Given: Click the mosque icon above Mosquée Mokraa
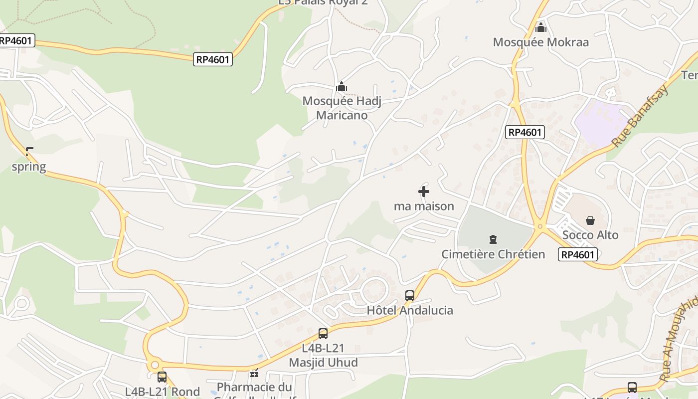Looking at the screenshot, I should click(541, 27).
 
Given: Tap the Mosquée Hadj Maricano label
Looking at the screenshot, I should click(342, 108).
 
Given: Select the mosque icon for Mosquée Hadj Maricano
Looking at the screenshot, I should click(342, 87).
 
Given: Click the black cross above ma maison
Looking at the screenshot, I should click(424, 191).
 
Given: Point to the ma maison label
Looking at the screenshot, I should click(424, 206).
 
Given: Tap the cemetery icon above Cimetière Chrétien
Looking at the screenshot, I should click(493, 239).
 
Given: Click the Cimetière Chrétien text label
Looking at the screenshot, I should click(493, 254).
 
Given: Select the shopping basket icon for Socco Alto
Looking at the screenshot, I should click(590, 220).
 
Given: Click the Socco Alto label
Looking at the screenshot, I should click(590, 235).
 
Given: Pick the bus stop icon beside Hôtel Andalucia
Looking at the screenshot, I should click(410, 295).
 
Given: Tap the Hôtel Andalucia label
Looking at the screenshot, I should click(410, 310).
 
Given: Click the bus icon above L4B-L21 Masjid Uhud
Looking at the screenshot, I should click(323, 333).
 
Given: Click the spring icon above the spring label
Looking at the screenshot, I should click(29, 151).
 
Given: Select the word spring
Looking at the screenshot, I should click(29, 167).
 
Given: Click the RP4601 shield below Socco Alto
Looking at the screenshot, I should click(578, 254).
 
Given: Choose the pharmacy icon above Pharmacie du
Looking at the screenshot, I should click(255, 373).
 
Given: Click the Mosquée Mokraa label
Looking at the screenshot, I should click(541, 42).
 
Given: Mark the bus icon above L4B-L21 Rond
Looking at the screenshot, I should click(162, 377).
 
